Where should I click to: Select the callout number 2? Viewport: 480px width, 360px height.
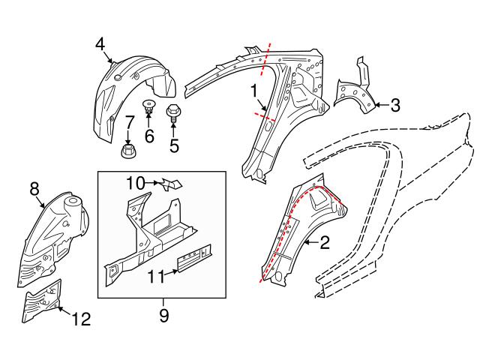click(x=324, y=241)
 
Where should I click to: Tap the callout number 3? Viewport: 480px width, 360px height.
click(x=395, y=105)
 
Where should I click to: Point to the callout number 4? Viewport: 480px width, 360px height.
click(x=100, y=44)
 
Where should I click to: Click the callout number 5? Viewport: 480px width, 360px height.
click(x=174, y=144)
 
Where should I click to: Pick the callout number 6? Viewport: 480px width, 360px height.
click(x=148, y=136)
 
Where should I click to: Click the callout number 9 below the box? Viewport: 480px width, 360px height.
click(x=163, y=316)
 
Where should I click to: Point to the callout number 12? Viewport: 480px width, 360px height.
click(x=81, y=319)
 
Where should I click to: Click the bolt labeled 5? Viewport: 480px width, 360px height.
click(x=172, y=114)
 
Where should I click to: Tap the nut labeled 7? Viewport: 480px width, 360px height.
click(x=128, y=152)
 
